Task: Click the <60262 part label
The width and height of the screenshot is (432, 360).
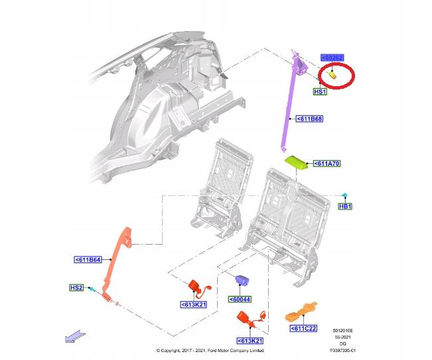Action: point(332,58)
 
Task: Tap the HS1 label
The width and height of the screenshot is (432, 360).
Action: point(320,92)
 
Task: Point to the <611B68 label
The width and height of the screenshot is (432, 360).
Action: point(309,119)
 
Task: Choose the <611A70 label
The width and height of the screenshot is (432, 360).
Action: point(326,163)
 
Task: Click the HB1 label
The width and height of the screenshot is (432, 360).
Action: point(345,207)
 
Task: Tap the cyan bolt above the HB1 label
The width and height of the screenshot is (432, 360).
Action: point(346,194)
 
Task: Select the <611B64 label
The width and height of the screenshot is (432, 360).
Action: point(88,260)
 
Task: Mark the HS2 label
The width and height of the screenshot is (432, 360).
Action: point(77,288)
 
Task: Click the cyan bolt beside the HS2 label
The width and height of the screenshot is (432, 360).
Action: point(96,289)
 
